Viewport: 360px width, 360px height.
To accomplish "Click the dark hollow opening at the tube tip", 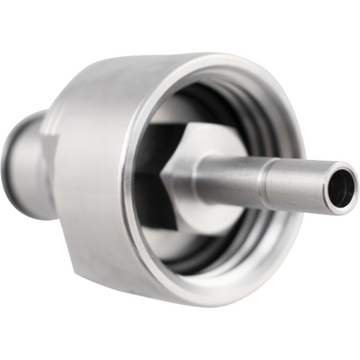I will (340, 188).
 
